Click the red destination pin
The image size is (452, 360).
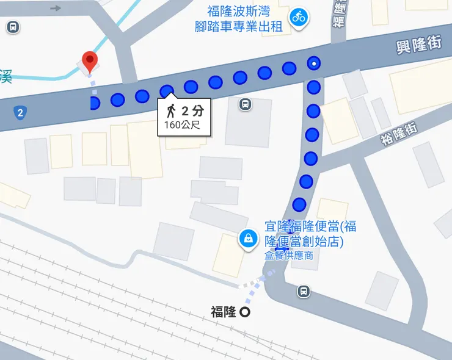click(90, 60)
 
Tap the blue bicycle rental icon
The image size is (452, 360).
click(299, 17)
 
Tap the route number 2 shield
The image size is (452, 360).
click(21, 112)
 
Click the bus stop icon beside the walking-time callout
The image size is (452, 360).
click(245, 104)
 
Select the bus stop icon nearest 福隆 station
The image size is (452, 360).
click(304, 291)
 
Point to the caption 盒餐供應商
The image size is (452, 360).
click(288, 256)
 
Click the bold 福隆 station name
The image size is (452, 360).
click(223, 312)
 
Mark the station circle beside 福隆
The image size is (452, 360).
click(245, 312)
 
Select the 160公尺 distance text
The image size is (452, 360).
click(181, 126)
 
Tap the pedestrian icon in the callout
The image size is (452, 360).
click(171, 111)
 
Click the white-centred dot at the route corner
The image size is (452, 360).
click(314, 63)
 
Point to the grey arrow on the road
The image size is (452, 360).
click(56, 8)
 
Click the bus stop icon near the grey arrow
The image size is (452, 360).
click(12, 27)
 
